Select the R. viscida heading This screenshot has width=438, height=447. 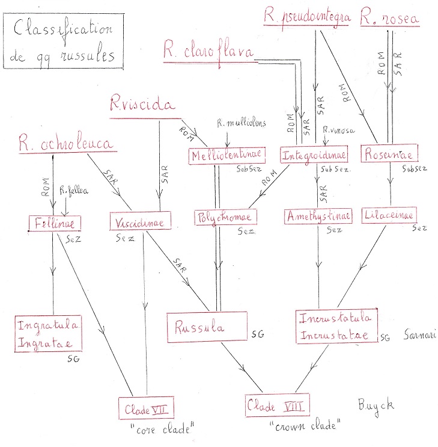[142, 105]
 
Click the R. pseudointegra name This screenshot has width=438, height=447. [306, 16]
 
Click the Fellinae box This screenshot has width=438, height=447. [54, 223]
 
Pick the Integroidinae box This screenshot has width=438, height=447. [314, 156]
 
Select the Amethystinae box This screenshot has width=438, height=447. [314, 215]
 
